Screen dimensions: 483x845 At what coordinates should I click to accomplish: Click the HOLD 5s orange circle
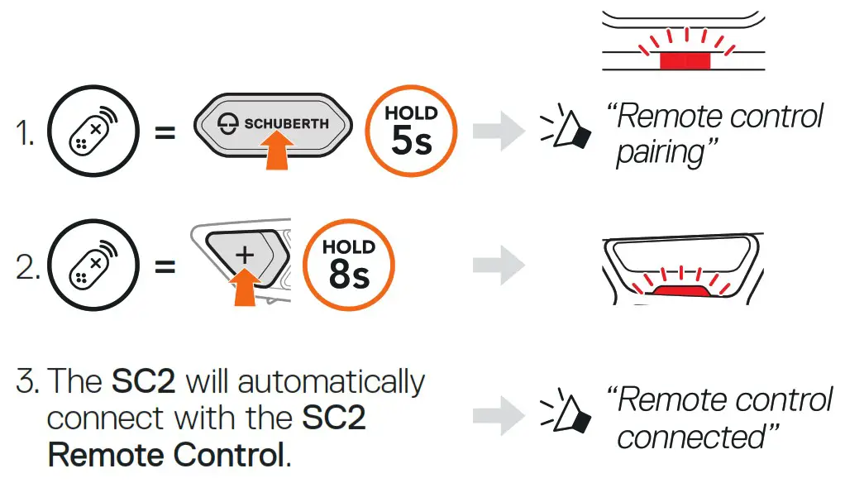click(x=411, y=132)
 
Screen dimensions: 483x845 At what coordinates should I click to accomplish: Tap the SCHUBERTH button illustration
click(x=273, y=123)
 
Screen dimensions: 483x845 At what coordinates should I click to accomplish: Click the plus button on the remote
click(x=244, y=255)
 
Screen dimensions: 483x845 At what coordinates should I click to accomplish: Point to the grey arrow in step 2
click(x=498, y=265)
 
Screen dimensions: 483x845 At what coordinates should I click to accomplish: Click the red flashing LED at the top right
click(x=684, y=60)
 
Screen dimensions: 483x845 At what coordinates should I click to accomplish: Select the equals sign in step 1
click(x=165, y=132)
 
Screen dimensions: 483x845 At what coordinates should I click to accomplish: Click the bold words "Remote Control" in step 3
click(x=166, y=454)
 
